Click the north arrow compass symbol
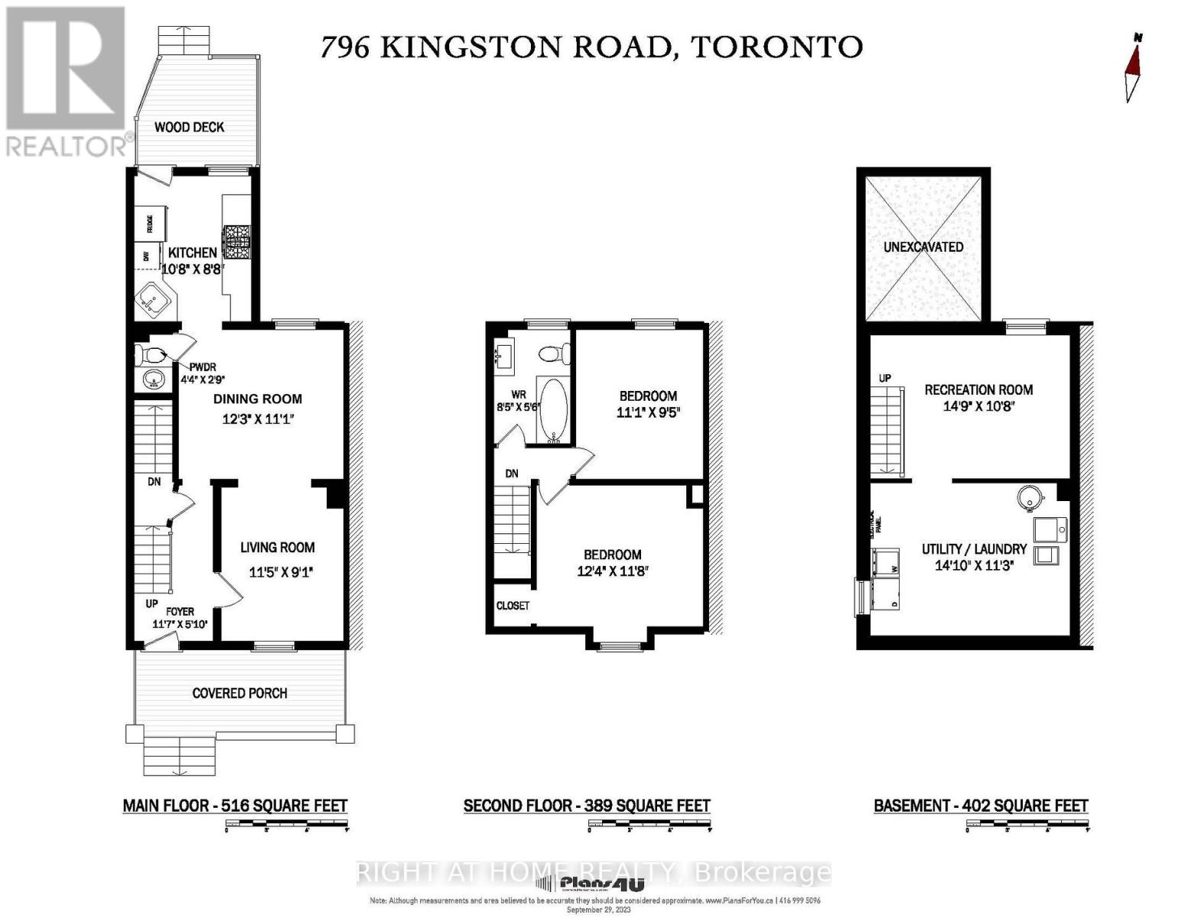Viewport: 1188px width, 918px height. (1132, 69)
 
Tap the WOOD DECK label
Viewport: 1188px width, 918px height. (189, 127)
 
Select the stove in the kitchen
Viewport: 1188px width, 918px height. (236, 243)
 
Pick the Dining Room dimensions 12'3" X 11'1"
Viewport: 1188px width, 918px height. (258, 419)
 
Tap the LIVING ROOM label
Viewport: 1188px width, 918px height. (277, 547)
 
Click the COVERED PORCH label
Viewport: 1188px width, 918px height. (239, 693)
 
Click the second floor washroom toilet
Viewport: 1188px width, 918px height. (552, 353)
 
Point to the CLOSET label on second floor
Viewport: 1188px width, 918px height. (513, 605)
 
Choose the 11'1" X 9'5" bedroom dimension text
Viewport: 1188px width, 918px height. (648, 412)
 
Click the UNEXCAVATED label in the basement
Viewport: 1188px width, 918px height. (923, 247)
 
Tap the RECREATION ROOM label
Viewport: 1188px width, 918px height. (978, 389)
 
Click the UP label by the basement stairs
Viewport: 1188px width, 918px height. (885, 378)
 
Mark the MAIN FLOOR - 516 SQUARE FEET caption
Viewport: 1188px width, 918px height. (235, 806)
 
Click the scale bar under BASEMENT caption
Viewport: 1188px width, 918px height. (1027, 824)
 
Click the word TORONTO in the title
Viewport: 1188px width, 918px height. (776, 47)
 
